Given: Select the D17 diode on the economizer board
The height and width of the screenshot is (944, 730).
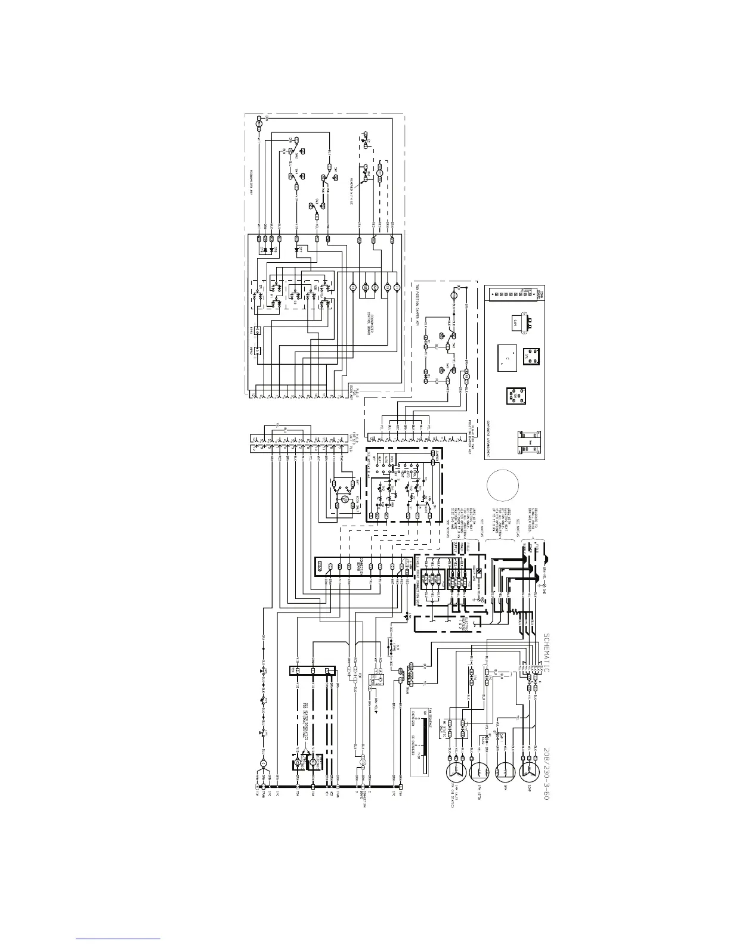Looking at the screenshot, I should coord(298,250).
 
